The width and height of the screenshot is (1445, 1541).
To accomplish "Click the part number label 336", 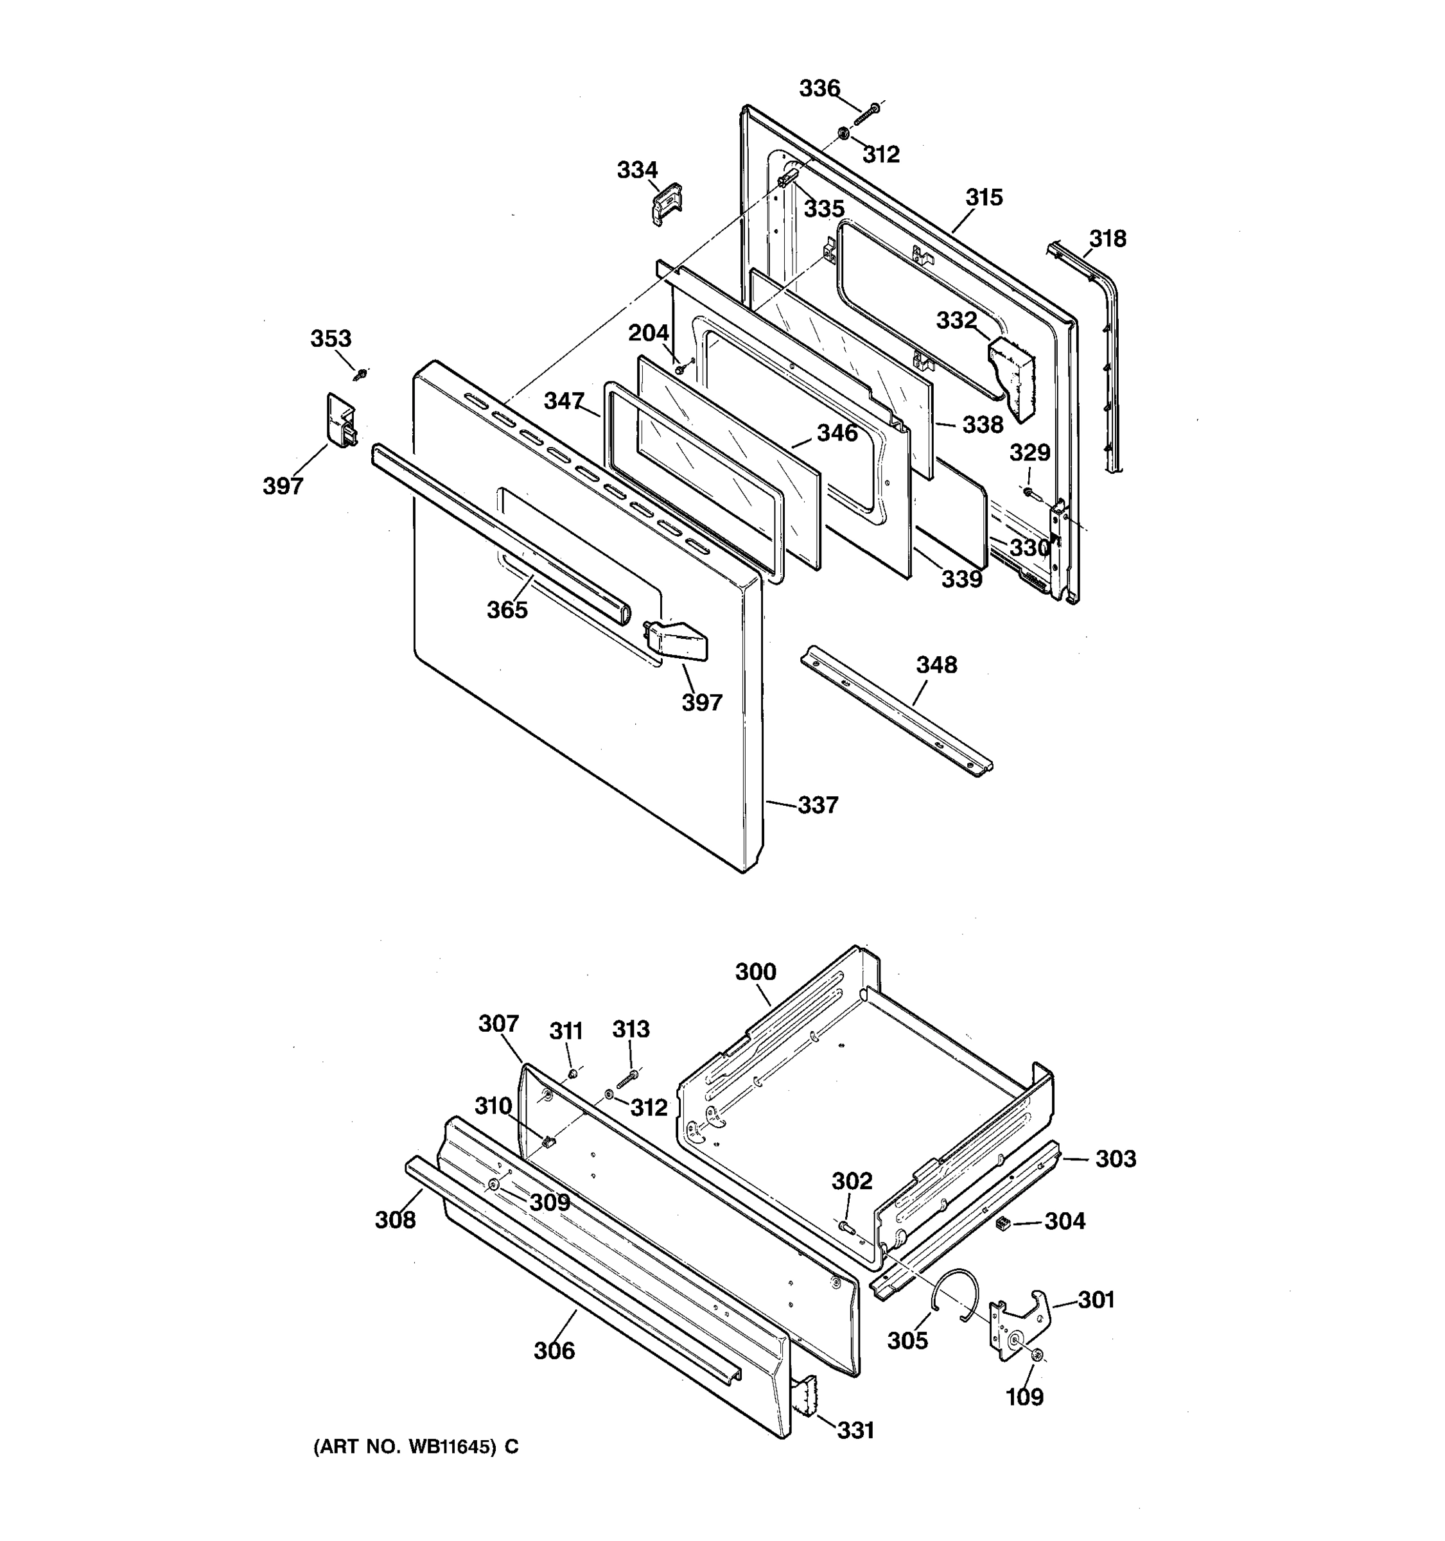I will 819,89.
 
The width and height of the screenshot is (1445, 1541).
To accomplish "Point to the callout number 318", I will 1107,239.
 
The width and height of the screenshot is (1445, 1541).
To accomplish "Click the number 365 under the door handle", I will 507,610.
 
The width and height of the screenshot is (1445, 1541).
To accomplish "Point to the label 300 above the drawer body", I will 755,972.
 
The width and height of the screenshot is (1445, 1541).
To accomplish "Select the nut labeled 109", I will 1038,1355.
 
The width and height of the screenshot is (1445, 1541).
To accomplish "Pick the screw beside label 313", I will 626,1078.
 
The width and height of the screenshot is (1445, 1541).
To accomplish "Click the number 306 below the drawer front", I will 554,1351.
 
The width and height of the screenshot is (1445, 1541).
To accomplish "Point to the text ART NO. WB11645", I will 404,1447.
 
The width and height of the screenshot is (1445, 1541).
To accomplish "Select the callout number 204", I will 648,333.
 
